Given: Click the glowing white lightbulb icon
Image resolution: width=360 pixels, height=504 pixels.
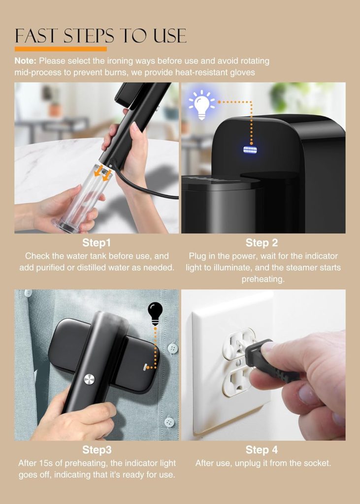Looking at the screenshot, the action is pyautogui.click(x=201, y=104).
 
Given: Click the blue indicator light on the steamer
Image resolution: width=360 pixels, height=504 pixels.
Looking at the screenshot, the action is pyautogui.click(x=250, y=150).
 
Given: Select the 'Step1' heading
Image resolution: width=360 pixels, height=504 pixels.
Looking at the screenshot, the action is pyautogui.click(x=97, y=243).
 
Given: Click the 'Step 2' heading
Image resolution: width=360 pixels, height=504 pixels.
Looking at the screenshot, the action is pyautogui.click(x=262, y=243).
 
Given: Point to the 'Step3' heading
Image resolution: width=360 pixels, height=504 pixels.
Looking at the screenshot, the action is pyautogui.click(x=97, y=450).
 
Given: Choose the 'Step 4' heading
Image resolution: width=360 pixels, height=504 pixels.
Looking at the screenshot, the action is pyautogui.click(x=262, y=450).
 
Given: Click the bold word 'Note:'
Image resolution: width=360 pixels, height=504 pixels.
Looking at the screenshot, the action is pyautogui.click(x=25, y=61).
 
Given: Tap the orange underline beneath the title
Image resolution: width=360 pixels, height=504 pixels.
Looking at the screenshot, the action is pyautogui.click(x=61, y=49).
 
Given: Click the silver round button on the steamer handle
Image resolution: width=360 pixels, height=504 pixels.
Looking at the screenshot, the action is pyautogui.click(x=89, y=379).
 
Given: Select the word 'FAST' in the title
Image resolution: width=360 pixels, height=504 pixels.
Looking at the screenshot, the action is pyautogui.click(x=36, y=35).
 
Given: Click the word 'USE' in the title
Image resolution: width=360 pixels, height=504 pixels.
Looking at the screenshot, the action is pyautogui.click(x=170, y=35).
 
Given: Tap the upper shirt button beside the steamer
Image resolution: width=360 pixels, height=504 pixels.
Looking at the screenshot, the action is pyautogui.click(x=173, y=348).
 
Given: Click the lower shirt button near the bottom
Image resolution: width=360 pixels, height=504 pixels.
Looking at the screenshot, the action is pyautogui.click(x=169, y=422).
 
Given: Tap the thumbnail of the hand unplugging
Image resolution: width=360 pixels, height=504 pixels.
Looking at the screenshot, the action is pyautogui.click(x=263, y=365).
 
